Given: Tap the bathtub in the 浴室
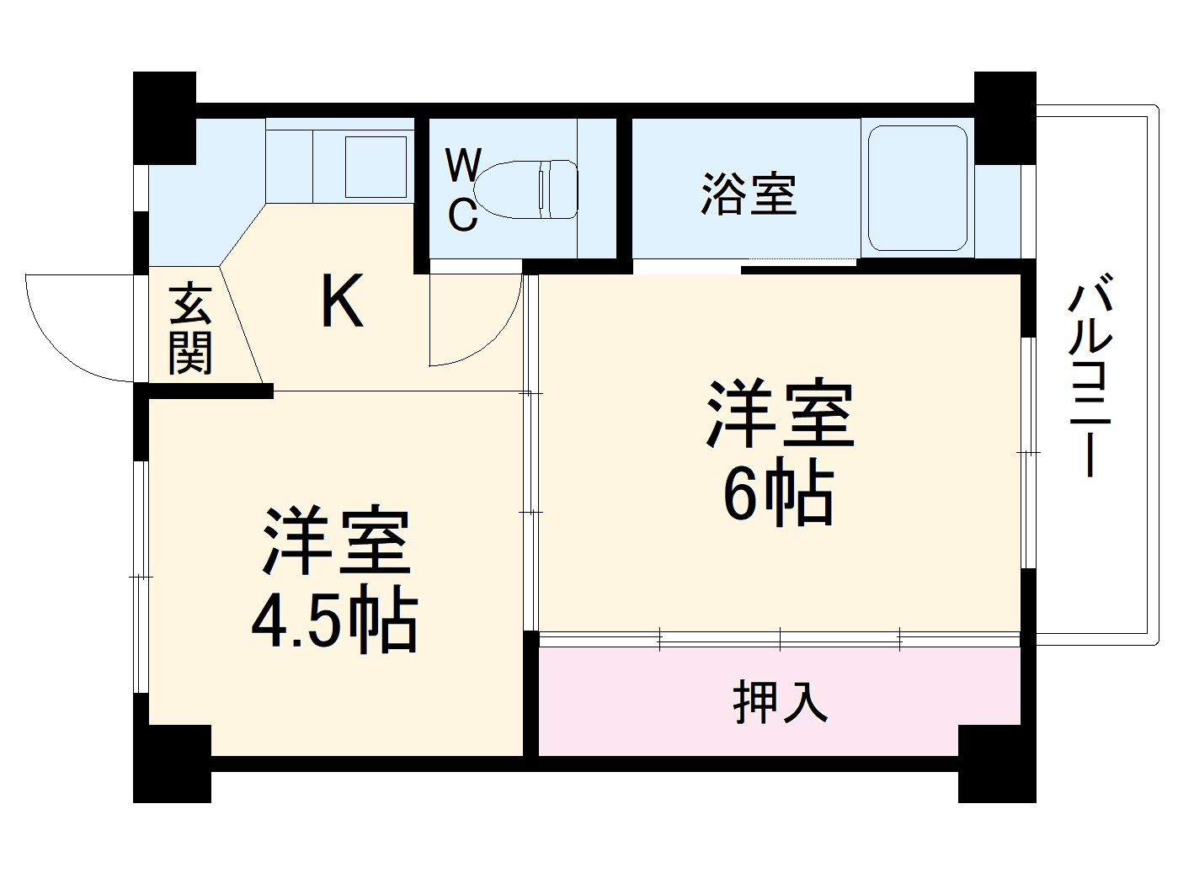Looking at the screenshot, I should point(917,189).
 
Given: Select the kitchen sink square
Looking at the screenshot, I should point(376,166).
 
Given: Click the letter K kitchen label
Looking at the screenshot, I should point(343,301).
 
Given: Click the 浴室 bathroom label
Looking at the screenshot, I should point(749,194).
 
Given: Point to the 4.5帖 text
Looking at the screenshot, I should point(333,624).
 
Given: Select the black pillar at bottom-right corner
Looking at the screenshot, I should point(997,764).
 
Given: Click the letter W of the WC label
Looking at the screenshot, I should point(462,166).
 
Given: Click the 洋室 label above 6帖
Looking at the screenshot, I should point(780,414).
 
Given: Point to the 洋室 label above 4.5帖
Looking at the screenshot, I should point(336,540).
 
